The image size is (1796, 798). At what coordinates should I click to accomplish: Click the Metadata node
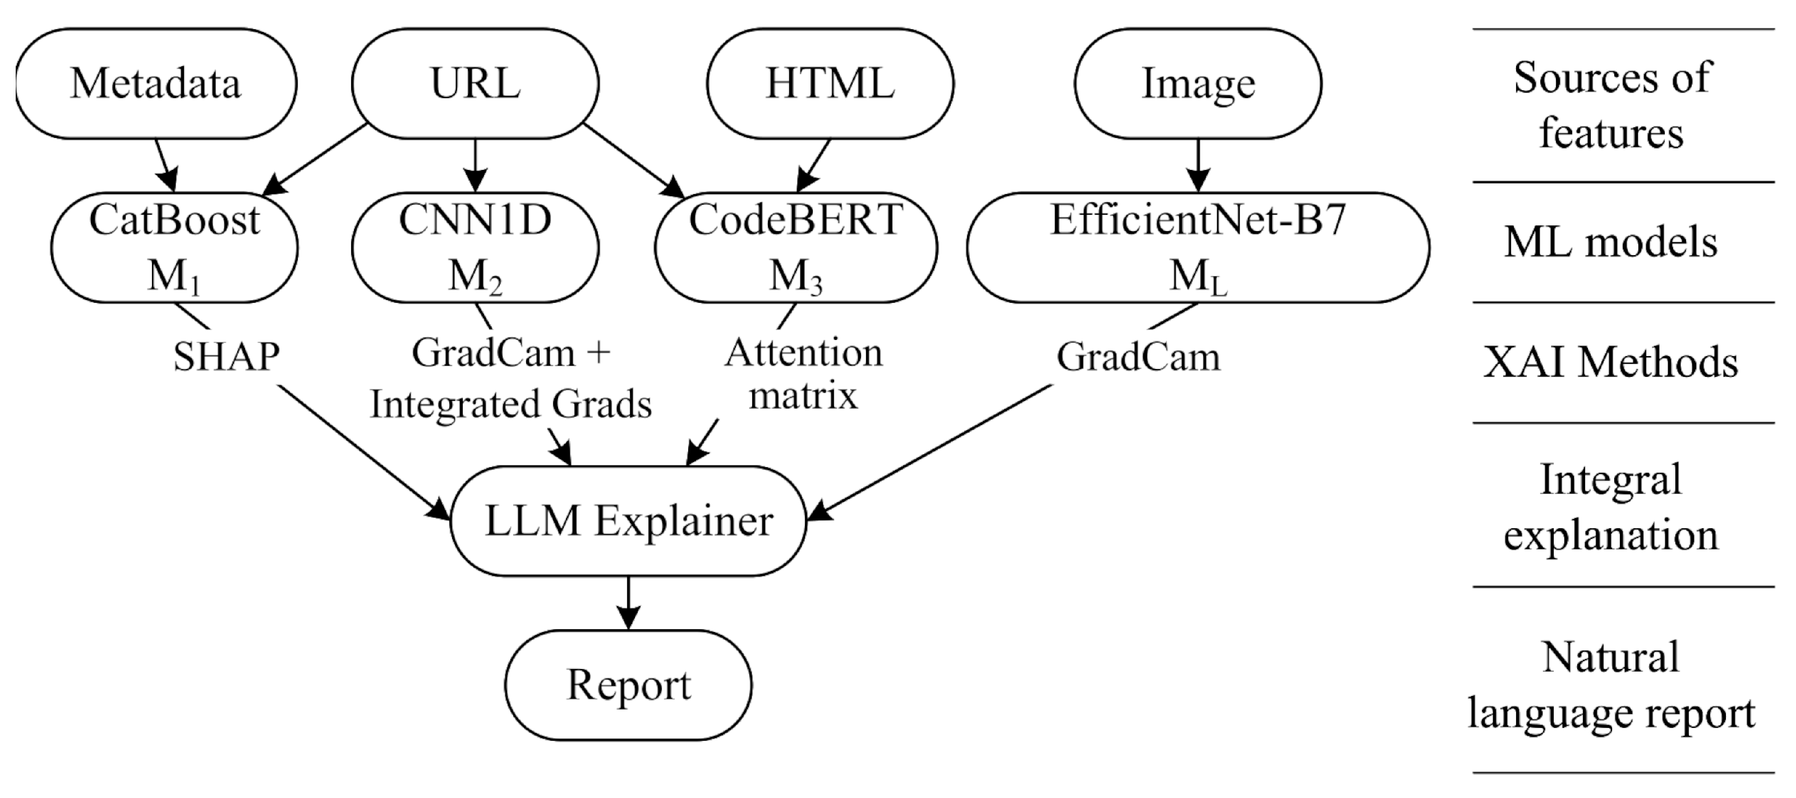[x=156, y=84]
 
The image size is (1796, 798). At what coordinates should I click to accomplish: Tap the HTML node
[x=830, y=84]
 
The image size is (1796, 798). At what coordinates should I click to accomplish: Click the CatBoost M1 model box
[x=174, y=247]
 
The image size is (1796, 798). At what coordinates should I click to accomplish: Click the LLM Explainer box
[x=629, y=520]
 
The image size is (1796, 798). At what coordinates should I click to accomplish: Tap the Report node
[x=629, y=685]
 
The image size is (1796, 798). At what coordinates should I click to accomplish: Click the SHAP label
[x=227, y=357]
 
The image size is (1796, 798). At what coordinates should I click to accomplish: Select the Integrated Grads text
[x=511, y=405]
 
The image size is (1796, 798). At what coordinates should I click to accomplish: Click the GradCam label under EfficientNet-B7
[x=1139, y=357]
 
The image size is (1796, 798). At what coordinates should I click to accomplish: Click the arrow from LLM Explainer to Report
[x=629, y=603]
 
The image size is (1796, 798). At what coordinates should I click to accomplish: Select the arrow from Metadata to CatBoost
[x=165, y=166]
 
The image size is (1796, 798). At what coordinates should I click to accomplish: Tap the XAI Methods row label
[x=1610, y=363]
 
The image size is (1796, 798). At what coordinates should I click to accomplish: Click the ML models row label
[x=1610, y=242]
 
